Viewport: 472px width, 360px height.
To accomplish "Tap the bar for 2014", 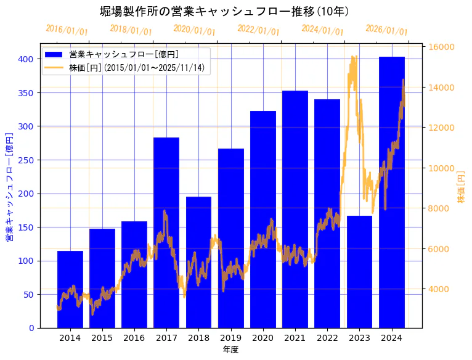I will pyautogui.click(x=70, y=289).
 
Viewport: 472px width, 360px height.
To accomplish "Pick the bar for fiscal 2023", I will pyautogui.click(x=359, y=271).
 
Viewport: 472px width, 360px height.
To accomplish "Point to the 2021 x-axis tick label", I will pyautogui.click(x=295, y=338).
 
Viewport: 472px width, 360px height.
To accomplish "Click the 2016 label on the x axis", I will pyautogui.click(x=134, y=338).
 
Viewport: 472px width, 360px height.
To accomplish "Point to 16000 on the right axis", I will pyautogui.click(x=442, y=47).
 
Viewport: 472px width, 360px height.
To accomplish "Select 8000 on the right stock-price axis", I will pyautogui.click(x=439, y=208).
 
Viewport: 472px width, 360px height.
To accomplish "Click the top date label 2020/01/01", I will pyautogui.click(x=195, y=30).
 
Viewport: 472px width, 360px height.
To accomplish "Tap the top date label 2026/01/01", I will pyautogui.click(x=386, y=30).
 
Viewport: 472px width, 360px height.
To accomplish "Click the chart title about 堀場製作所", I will pyautogui.click(x=225, y=11).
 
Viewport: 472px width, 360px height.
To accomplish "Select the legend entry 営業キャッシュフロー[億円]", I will pyautogui.click(x=124, y=54).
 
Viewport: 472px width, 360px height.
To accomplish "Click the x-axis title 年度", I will pyautogui.click(x=230, y=350).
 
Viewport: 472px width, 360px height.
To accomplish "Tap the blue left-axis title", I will pyautogui.click(x=9, y=186).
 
